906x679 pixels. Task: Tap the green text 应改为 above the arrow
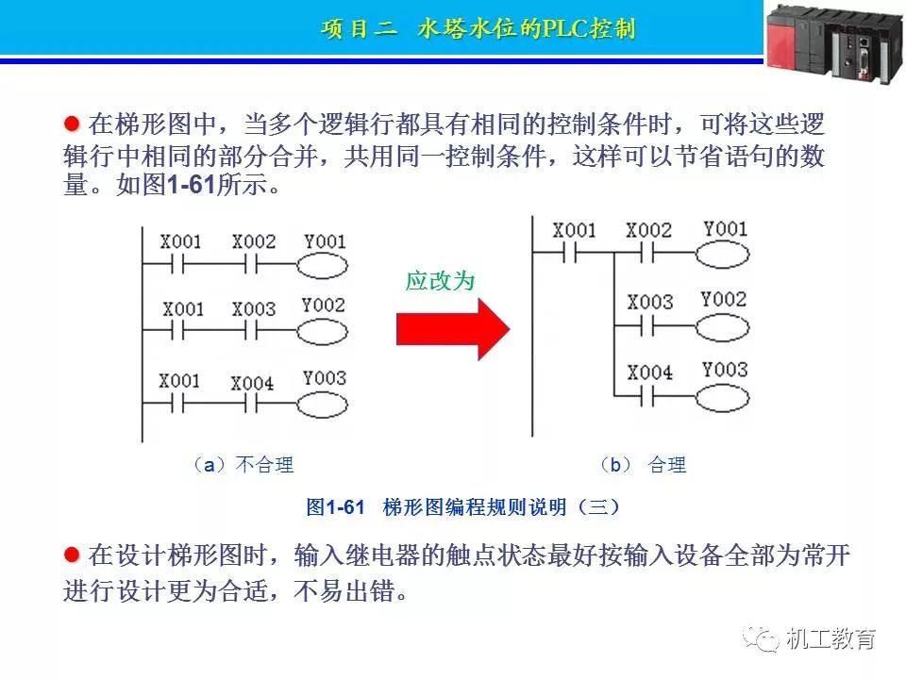[439, 281]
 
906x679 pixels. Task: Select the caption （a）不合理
[242, 464]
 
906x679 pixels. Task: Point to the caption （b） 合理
[643, 464]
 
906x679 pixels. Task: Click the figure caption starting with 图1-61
[462, 507]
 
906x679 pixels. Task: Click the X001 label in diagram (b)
[574, 230]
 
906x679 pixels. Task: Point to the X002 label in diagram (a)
[253, 241]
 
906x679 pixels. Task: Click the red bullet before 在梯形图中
[71, 124]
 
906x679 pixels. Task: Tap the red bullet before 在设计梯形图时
[71, 555]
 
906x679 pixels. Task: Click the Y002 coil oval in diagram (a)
[324, 332]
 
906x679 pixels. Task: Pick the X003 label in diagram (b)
[649, 302]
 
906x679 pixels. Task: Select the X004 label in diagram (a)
[253, 383]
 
